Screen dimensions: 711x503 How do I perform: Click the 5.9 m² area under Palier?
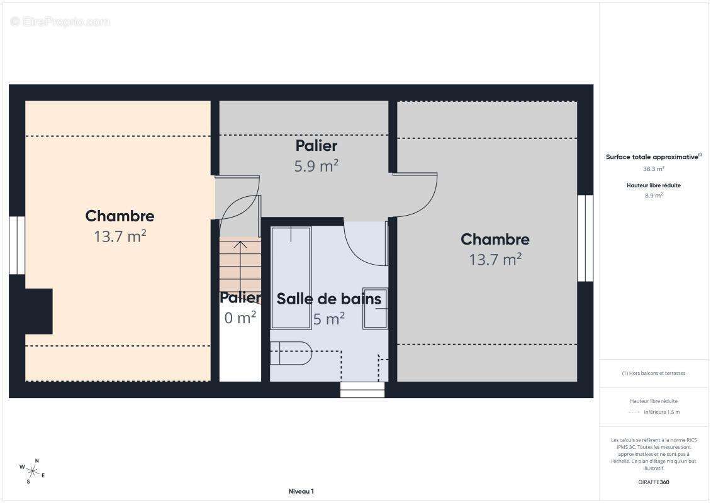click(316, 166)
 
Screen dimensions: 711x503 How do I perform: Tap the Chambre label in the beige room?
click(120, 216)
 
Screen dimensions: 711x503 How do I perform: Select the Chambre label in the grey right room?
click(495, 240)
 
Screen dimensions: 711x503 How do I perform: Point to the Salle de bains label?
click(328, 299)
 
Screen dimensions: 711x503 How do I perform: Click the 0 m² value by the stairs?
click(240, 318)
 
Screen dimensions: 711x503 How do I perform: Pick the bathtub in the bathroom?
click(291, 278)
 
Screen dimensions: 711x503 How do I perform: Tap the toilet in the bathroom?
click(291, 353)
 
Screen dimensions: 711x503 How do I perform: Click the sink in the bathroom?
click(375, 308)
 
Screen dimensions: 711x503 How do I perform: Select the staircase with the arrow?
click(240, 267)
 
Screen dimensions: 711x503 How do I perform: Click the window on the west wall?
click(17, 245)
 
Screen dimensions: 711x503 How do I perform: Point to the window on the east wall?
click(585, 238)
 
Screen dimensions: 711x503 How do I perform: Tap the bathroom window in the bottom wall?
click(362, 390)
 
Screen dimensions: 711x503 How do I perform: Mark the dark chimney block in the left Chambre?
click(38, 311)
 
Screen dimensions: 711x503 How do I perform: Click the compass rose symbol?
click(31, 472)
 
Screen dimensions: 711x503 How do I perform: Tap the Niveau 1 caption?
click(301, 491)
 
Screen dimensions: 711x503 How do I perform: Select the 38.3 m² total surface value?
click(653, 169)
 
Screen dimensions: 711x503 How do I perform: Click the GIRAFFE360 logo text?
click(653, 482)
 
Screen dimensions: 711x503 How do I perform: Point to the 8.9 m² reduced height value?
click(653, 196)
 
